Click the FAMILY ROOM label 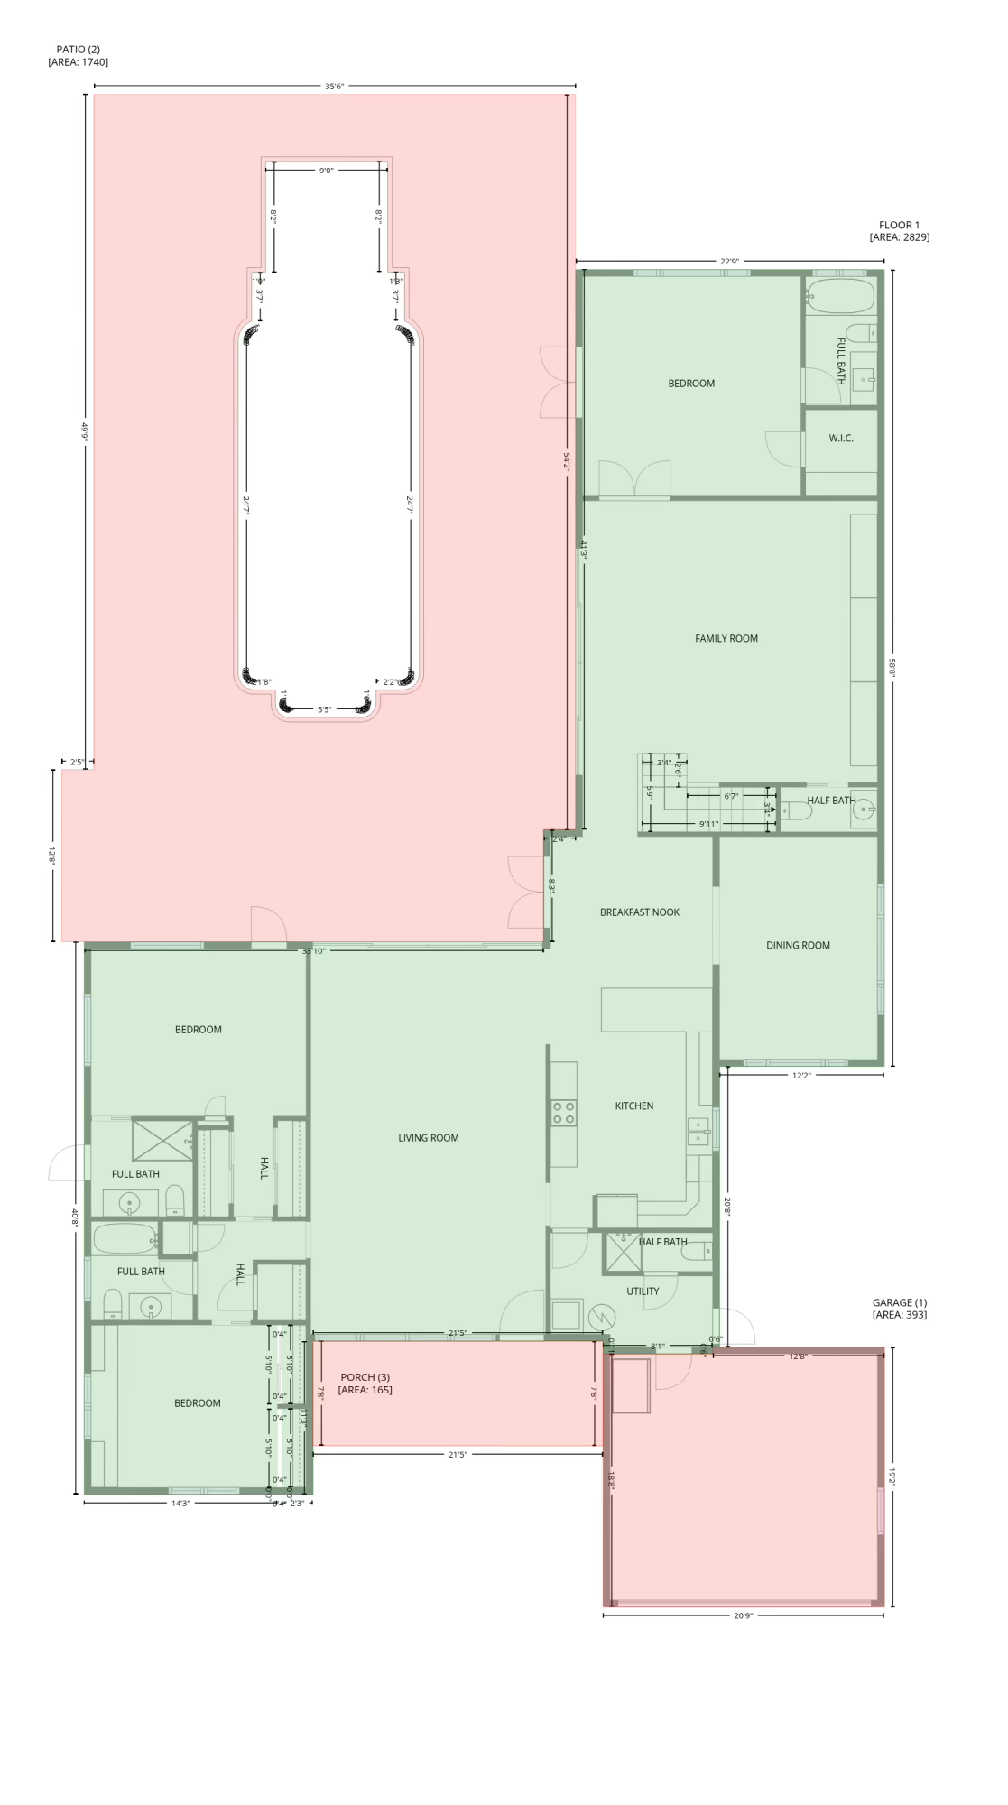pyautogui.click(x=726, y=638)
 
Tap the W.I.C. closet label pyautogui.click(x=840, y=439)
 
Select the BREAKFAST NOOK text pyautogui.click(x=639, y=912)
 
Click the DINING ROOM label pyautogui.click(x=798, y=946)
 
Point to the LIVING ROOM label pyautogui.click(x=428, y=1138)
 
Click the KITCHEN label pyautogui.click(x=633, y=1106)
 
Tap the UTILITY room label pyautogui.click(x=643, y=1291)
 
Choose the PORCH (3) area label pyautogui.click(x=365, y=1384)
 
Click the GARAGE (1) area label pyautogui.click(x=899, y=1309)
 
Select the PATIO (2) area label pyautogui.click(x=78, y=56)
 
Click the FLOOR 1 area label pyautogui.click(x=899, y=231)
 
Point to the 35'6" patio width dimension pyautogui.click(x=334, y=87)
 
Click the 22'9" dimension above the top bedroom pyautogui.click(x=729, y=262)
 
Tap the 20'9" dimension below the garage pyautogui.click(x=743, y=1615)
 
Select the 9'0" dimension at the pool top pyautogui.click(x=326, y=170)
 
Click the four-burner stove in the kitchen pyautogui.click(x=564, y=1113)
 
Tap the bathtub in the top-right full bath pyautogui.click(x=840, y=294)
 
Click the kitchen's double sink pyautogui.click(x=698, y=1132)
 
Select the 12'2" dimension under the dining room pyautogui.click(x=801, y=1075)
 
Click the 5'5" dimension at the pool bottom pyautogui.click(x=325, y=709)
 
